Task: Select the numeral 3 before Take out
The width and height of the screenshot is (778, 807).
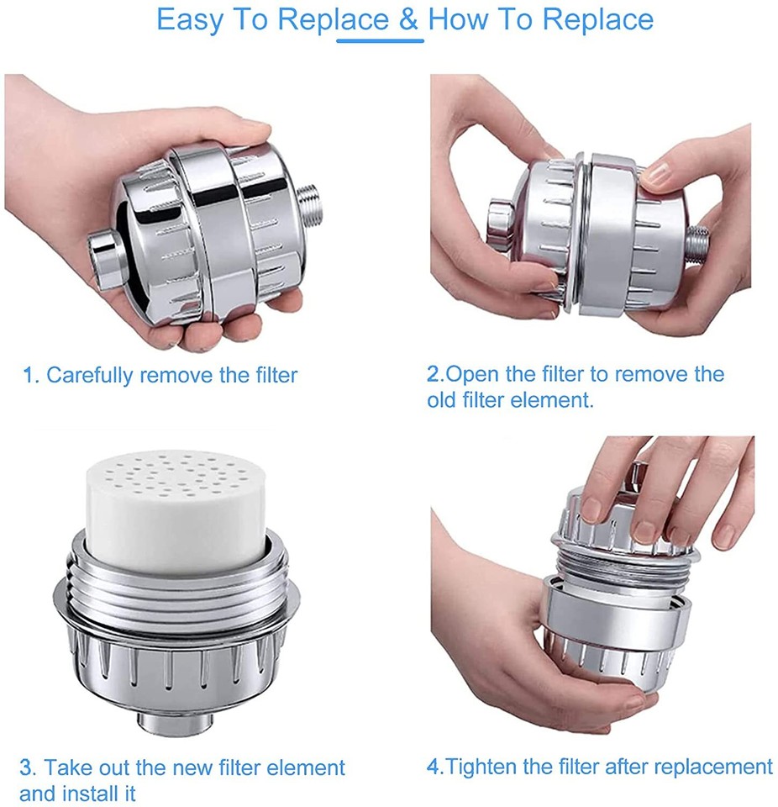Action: click(28, 767)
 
